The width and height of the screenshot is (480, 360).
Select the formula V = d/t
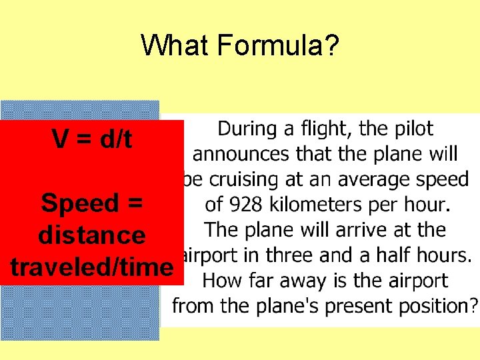click(x=92, y=139)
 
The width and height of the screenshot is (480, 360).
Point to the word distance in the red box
click(x=92, y=235)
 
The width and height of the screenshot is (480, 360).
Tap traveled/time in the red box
click(x=91, y=267)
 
